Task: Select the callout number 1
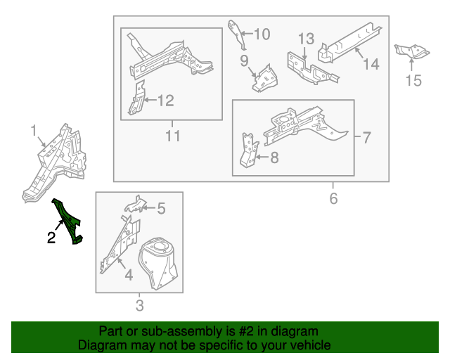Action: click(34, 131)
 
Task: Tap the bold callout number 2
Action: click(51, 238)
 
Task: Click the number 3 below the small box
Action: click(139, 305)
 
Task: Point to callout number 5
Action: click(161, 208)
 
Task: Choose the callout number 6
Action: click(333, 199)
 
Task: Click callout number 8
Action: click(274, 157)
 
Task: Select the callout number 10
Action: click(262, 34)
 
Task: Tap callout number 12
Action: click(166, 101)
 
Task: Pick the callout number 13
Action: click(307, 39)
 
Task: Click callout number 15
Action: click(413, 80)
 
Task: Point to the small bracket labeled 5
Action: click(135, 205)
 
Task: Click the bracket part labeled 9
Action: click(265, 79)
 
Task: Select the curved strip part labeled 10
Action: click(238, 34)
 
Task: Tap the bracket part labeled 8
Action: click(248, 150)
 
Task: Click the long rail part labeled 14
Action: click(349, 42)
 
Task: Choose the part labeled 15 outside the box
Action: click(411, 51)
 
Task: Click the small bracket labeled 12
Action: click(137, 98)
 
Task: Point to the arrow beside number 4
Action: click(122, 264)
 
